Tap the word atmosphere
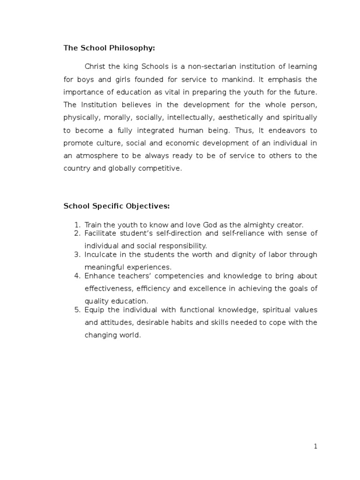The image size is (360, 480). (96, 156)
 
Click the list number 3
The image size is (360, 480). (78, 255)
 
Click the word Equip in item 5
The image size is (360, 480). (93, 310)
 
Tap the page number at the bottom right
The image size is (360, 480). (316, 447)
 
